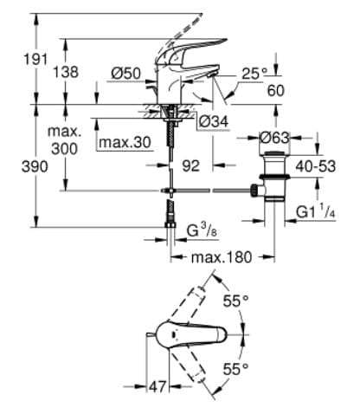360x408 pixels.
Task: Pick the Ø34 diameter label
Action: (214, 121)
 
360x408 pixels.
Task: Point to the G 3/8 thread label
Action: (203, 230)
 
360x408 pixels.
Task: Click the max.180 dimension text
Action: (222, 257)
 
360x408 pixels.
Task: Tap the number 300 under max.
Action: (64, 149)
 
